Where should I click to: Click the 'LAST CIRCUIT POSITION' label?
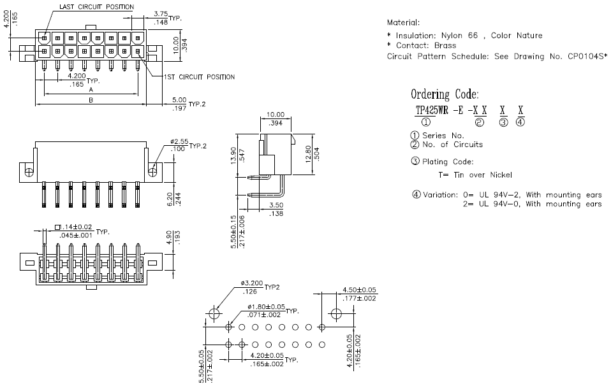[x=96, y=6]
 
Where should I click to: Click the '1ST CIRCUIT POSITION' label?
[x=199, y=77]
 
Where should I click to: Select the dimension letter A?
[x=91, y=90]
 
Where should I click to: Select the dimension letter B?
[x=91, y=100]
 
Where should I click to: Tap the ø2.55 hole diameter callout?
[x=179, y=141]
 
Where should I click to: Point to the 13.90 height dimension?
[x=233, y=155]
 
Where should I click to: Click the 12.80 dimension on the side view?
[x=308, y=154]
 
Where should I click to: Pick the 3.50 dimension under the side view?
[x=276, y=205]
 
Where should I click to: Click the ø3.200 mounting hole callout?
[x=252, y=283]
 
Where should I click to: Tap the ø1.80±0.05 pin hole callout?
[x=266, y=307]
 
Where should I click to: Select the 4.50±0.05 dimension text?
[x=359, y=290]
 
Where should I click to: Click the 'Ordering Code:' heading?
[x=445, y=94]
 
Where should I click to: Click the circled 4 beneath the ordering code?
[x=520, y=122]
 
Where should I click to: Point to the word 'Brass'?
[x=445, y=45]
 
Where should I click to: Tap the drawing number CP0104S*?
[x=587, y=56]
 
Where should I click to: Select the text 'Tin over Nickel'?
[x=483, y=175]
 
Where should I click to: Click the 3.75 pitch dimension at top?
[x=161, y=14]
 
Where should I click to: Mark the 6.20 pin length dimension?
[x=170, y=199]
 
